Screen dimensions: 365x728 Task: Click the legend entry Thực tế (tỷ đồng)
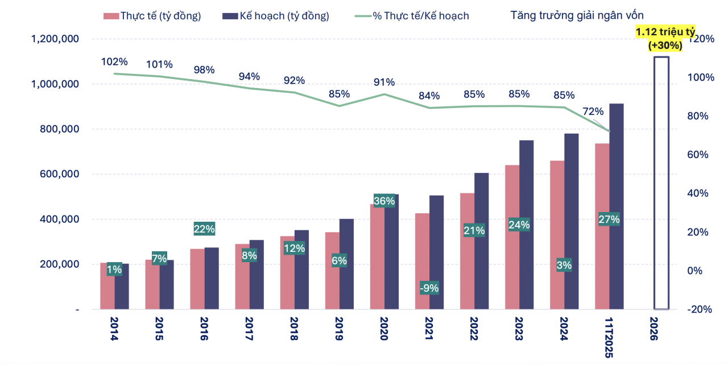(153, 16)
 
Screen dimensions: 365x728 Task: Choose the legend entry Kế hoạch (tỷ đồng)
(277, 16)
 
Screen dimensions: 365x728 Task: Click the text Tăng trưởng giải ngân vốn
(577, 15)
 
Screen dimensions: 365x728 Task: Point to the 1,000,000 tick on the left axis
(55, 84)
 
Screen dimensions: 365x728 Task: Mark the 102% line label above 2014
(114, 61)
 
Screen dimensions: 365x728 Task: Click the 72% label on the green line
(593, 111)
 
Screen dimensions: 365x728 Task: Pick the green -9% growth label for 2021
(429, 288)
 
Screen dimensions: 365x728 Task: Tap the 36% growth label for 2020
(384, 201)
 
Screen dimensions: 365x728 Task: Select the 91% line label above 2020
(383, 82)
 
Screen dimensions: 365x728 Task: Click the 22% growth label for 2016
(204, 229)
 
